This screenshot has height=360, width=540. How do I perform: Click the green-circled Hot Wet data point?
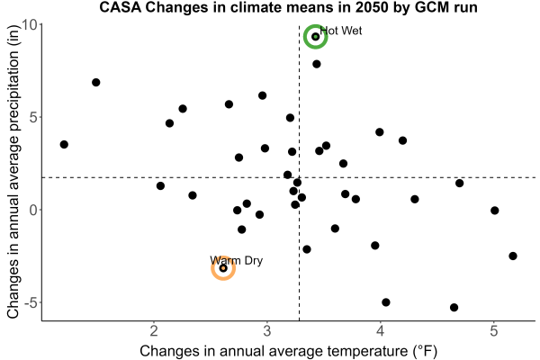click(x=315, y=37)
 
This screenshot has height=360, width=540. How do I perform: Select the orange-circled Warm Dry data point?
click(x=223, y=268)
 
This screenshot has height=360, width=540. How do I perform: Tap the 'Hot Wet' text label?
click(x=341, y=31)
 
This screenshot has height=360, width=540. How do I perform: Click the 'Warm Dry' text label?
click(x=236, y=260)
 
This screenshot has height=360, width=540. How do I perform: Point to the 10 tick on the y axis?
click(x=30, y=25)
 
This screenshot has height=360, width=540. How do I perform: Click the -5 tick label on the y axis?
click(x=31, y=302)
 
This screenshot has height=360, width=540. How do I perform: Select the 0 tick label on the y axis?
click(x=33, y=210)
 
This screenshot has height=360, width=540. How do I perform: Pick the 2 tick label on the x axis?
click(x=154, y=330)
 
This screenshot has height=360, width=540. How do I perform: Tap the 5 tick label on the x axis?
click(x=493, y=330)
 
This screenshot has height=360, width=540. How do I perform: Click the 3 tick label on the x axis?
click(x=267, y=330)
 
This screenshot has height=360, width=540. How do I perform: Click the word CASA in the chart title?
click(x=121, y=7)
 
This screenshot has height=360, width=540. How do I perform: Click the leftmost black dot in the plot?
click(x=64, y=144)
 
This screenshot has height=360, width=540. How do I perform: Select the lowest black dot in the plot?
click(x=454, y=307)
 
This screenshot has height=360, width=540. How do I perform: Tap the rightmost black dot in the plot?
click(x=513, y=256)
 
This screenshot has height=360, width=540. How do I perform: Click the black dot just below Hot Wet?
click(x=317, y=64)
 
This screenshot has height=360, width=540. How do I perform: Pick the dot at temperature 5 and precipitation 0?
click(x=494, y=211)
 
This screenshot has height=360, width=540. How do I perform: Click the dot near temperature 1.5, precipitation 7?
click(x=96, y=82)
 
